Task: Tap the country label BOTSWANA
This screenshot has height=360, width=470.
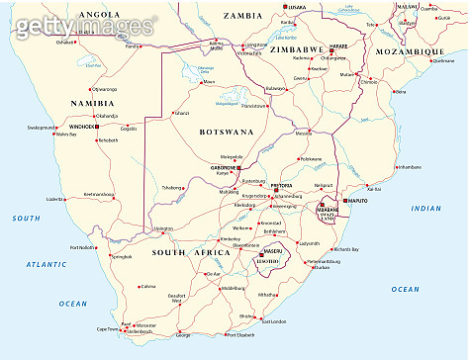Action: click(x=226, y=131)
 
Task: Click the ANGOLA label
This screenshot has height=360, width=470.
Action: click(x=99, y=15)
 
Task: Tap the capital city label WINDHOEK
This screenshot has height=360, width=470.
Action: click(x=79, y=127)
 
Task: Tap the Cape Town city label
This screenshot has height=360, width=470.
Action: click(x=108, y=328)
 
